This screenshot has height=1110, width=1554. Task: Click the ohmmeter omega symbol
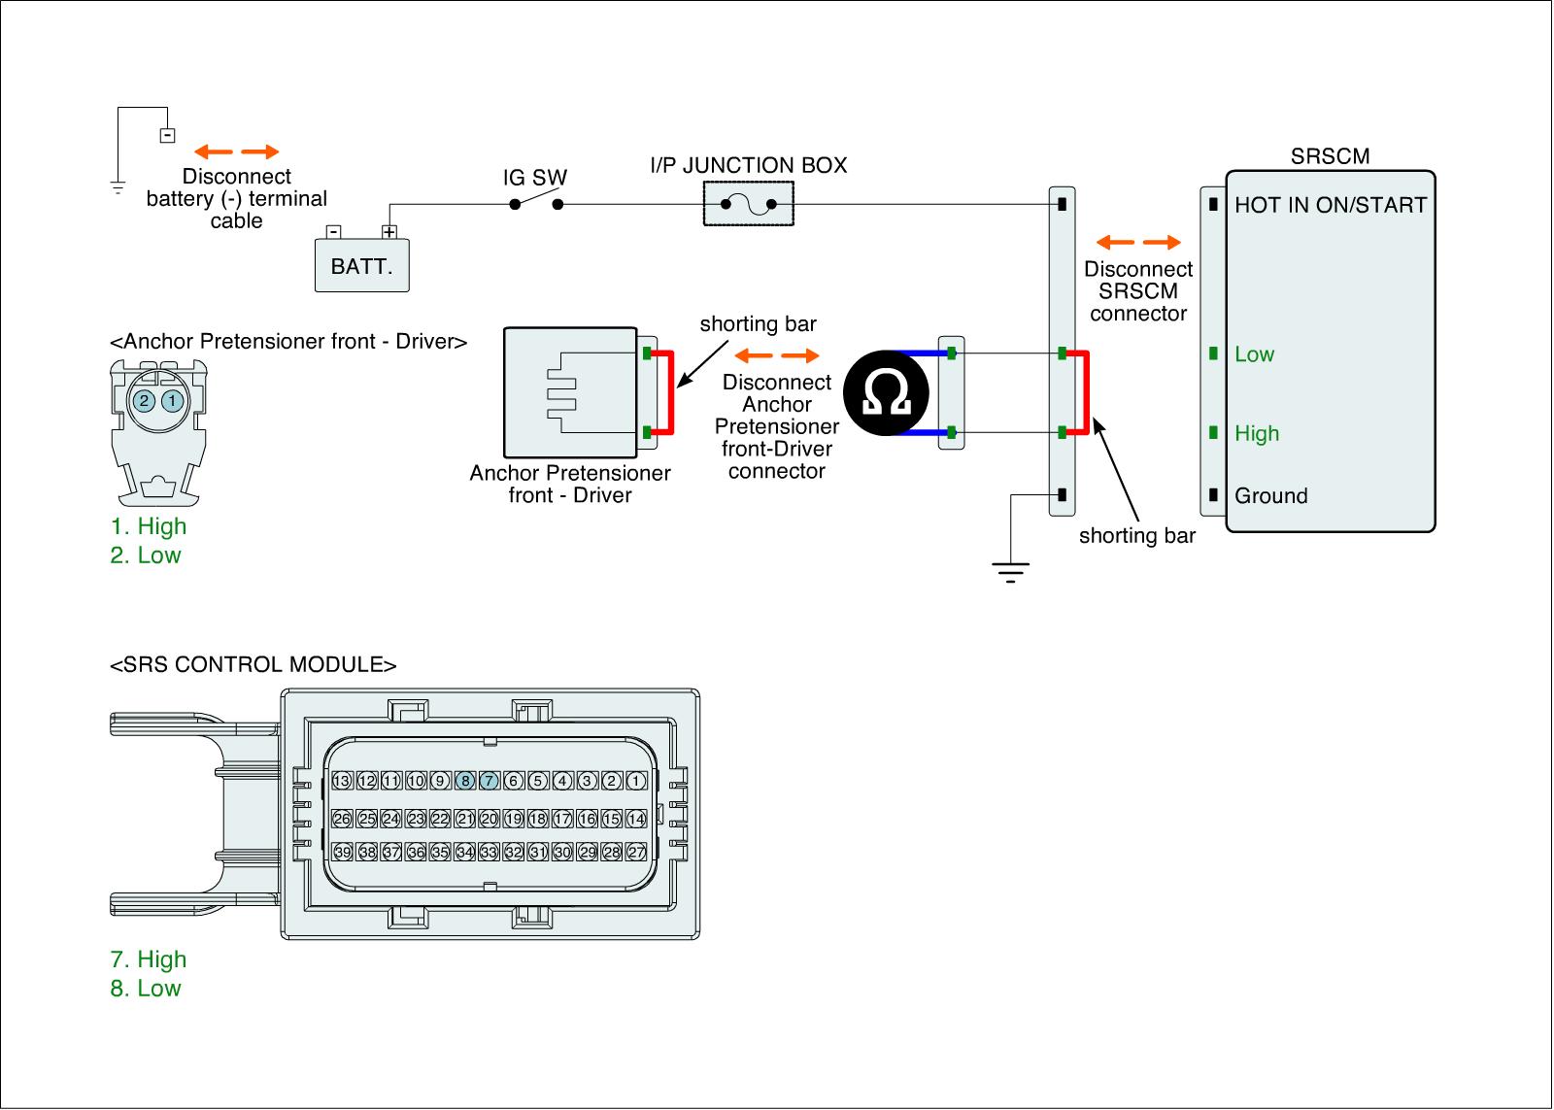[x=886, y=392]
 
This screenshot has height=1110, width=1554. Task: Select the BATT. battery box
[x=361, y=265]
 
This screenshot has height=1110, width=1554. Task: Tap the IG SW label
[x=534, y=178]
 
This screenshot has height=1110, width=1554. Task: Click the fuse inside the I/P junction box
[x=748, y=205]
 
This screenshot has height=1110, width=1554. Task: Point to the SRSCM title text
[x=1330, y=156]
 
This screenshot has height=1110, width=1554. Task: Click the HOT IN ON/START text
[x=1330, y=205]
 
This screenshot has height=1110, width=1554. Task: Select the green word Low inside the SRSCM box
[x=1254, y=354]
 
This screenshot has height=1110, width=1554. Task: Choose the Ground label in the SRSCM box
[x=1270, y=496]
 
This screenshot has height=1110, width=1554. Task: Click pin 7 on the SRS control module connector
[x=490, y=781]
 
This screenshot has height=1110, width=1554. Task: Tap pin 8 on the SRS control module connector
[x=465, y=781]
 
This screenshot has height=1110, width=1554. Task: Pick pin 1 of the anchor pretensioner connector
[x=172, y=400]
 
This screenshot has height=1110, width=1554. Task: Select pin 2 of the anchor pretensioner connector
[x=144, y=400]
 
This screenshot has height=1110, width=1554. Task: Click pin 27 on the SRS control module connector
[x=636, y=852]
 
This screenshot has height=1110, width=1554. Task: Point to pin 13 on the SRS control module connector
[x=342, y=781]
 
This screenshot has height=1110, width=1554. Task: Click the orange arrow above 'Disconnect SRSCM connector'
[x=1137, y=242]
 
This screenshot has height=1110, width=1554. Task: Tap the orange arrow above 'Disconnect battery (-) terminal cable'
[x=236, y=151]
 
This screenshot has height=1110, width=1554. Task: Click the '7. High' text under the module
[x=148, y=959]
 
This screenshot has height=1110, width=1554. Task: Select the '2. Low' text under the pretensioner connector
[x=146, y=555]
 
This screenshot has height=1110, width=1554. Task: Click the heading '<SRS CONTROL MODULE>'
[x=253, y=665]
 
